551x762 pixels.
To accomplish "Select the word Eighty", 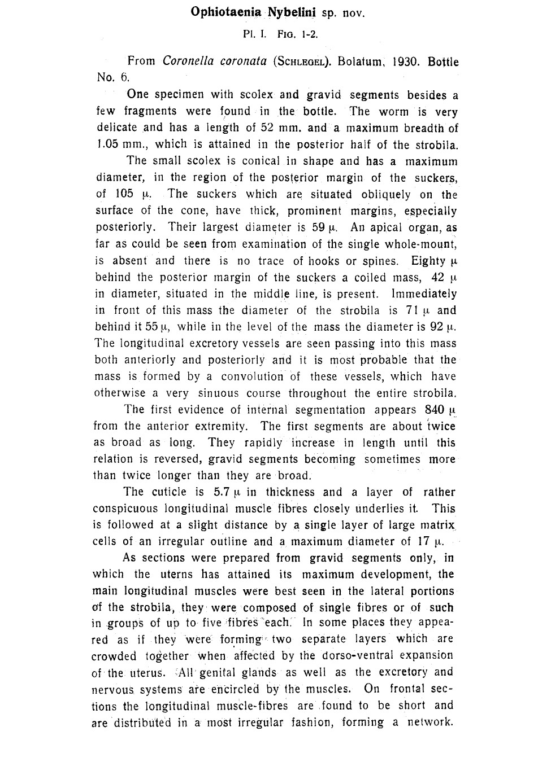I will point(428,261).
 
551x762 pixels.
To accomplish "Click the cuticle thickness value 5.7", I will point(219,492).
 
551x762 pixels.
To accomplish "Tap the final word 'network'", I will point(430,722).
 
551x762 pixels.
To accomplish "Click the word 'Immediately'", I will point(424,294).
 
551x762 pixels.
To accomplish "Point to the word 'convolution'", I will point(252,376).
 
